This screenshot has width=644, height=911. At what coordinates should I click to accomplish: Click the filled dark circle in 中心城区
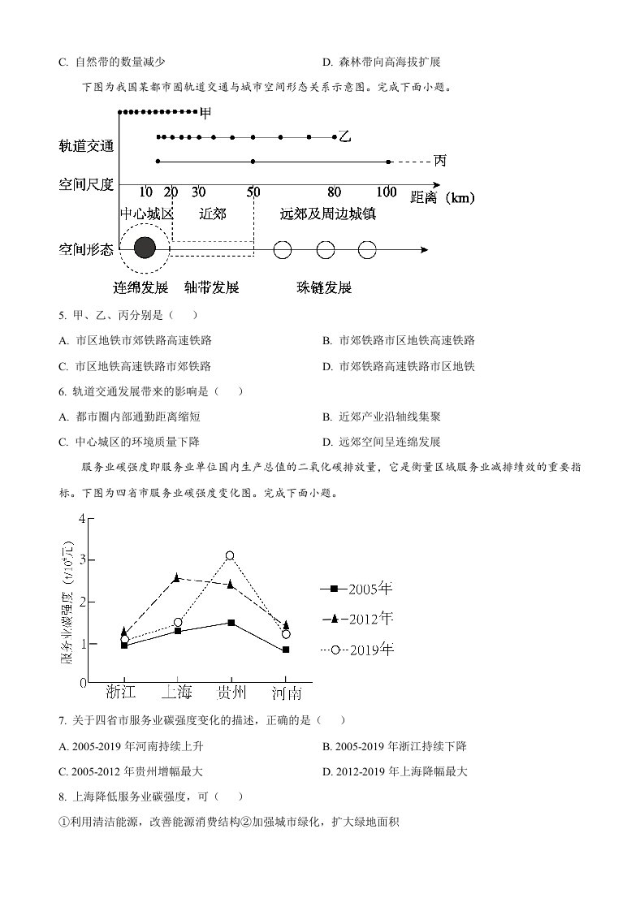[x=145, y=248]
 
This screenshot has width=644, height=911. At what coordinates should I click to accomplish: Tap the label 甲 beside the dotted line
[x=205, y=111]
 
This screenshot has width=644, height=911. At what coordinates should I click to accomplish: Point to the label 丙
[x=439, y=161]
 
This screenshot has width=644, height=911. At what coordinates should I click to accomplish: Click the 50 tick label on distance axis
[x=253, y=192]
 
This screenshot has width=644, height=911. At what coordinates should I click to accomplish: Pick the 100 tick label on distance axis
[x=387, y=192]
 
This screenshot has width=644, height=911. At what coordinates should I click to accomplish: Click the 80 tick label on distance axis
[x=335, y=192]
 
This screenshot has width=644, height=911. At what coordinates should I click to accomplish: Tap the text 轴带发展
[x=211, y=287]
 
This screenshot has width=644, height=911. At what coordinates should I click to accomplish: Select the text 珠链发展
[x=324, y=287]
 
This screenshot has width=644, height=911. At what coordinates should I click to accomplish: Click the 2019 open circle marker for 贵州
[x=230, y=556]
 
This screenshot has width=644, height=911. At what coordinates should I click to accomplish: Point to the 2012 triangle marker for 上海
[x=177, y=577]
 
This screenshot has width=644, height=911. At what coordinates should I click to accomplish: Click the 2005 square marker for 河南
[x=285, y=650]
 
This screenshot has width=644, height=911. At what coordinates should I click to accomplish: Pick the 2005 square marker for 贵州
[x=231, y=623]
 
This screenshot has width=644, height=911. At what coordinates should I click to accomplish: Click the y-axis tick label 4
[x=81, y=518]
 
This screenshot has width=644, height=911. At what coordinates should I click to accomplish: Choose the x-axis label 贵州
[x=231, y=693]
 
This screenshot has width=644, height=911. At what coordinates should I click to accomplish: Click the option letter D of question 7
[x=326, y=771]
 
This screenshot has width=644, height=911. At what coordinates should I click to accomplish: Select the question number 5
[x=63, y=316]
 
